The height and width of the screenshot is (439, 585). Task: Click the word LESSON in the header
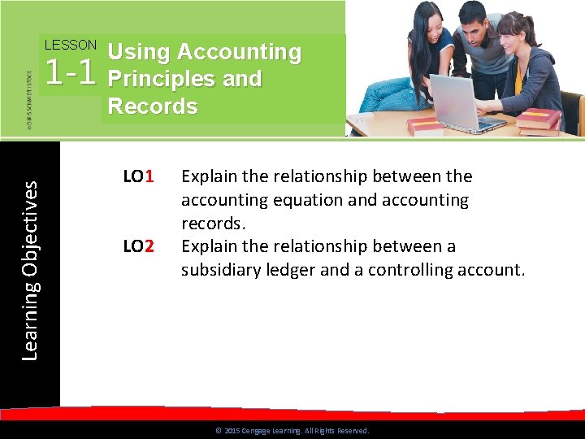[x=70, y=46]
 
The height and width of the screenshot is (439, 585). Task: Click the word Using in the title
[x=139, y=52]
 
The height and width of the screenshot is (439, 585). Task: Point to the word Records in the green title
[x=153, y=106]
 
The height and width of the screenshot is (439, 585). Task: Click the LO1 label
[x=138, y=176]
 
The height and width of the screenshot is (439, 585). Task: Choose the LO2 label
[x=138, y=246]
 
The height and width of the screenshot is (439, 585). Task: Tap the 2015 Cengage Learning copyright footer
[x=292, y=431]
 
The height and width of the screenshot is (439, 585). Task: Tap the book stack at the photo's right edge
[x=538, y=121]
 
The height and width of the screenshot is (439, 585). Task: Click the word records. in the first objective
[x=212, y=224]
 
